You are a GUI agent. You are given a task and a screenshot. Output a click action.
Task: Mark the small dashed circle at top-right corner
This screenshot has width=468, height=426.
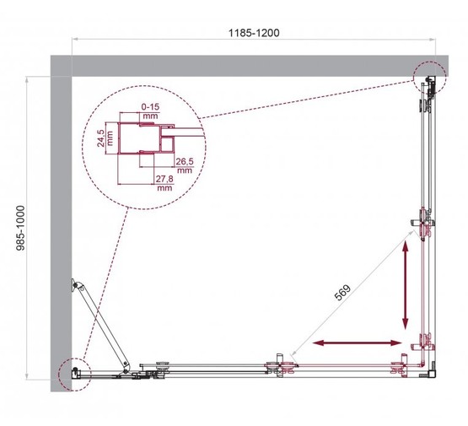click(430, 81)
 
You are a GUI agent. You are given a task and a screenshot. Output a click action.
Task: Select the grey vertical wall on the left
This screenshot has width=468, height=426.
click(61, 228)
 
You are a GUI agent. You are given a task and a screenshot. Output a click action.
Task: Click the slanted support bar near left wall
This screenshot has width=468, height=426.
click(102, 325)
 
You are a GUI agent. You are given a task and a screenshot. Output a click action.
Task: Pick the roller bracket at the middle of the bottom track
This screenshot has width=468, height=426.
click(280, 367)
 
